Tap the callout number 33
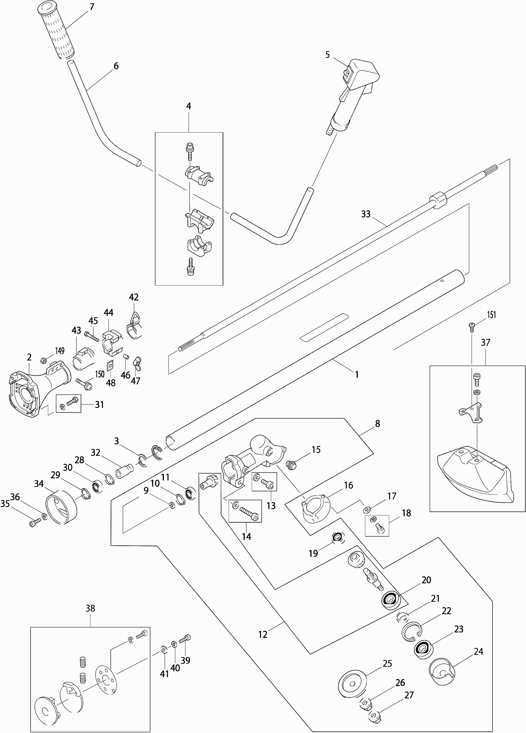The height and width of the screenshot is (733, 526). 366,214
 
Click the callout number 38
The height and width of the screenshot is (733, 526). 90,608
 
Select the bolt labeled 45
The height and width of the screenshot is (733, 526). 91,336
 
